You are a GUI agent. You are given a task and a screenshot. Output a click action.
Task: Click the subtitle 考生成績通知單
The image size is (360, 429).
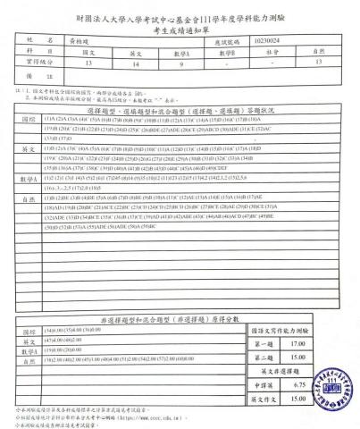(180, 28)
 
